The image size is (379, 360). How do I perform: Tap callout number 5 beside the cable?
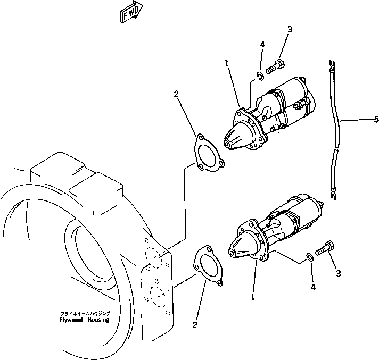[x=376, y=119]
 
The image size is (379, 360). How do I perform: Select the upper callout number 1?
[x=226, y=62]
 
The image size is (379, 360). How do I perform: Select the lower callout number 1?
[x=253, y=297]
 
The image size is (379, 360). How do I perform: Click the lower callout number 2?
[x=195, y=325]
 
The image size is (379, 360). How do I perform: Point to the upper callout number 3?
[x=290, y=29]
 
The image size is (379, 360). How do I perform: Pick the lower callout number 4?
[x=313, y=287]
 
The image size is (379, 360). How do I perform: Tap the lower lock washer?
[x=309, y=258]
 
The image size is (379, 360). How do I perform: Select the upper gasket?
[x=206, y=154]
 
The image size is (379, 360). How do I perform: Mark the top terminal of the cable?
[x=332, y=65]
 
